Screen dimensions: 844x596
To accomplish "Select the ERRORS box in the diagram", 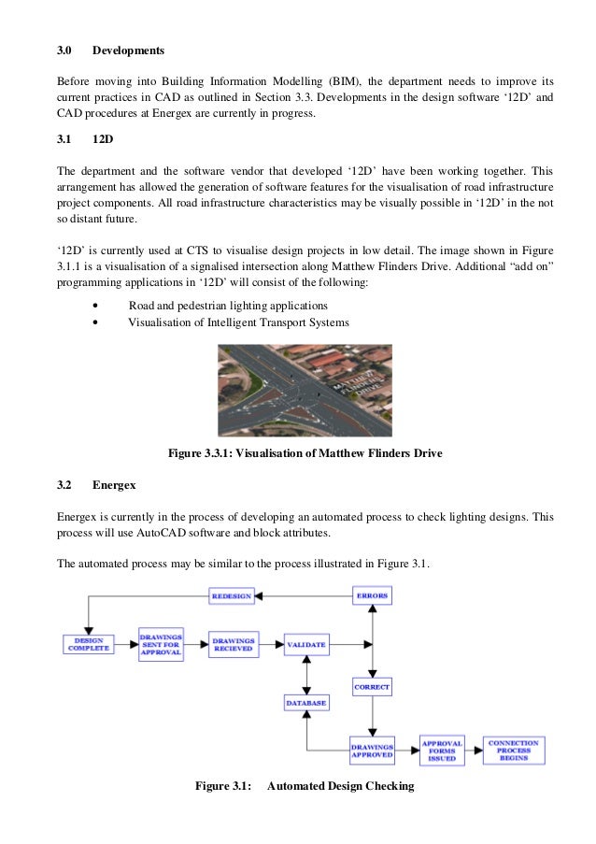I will (373, 595).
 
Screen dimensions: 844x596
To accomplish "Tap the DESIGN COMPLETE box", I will (88, 645).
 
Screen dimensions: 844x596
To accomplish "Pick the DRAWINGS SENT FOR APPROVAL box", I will (161, 645).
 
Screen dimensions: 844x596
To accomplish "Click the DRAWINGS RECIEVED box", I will (234, 645).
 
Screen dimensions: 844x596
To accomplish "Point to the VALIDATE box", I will (306, 645).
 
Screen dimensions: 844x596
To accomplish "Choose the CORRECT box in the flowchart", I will (372, 687).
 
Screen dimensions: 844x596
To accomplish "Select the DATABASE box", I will (306, 702).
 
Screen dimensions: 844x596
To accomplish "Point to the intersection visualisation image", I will (305, 391).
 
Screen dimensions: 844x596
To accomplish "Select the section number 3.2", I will (64, 484).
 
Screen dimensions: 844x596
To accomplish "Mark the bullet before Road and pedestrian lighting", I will (97, 306).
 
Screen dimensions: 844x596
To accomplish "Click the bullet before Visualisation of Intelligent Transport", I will (97, 322).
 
